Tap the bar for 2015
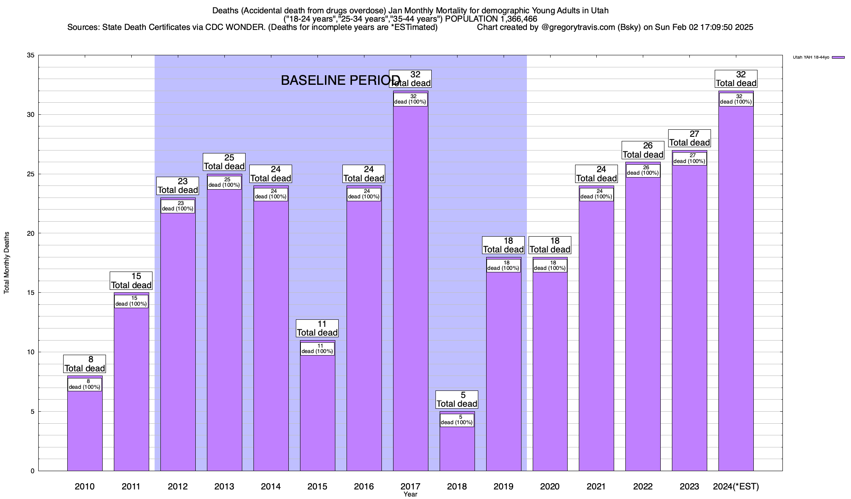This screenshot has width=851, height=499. [x=317, y=412]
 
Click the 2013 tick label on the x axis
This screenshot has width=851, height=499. [x=224, y=487]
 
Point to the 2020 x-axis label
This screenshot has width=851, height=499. [x=550, y=487]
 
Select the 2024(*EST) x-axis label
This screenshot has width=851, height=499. [x=736, y=487]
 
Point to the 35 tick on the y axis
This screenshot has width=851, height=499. [x=31, y=55]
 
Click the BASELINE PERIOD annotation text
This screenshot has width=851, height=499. [x=340, y=80]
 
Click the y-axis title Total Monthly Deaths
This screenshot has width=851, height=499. [x=7, y=263]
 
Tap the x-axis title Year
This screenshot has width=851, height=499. [x=410, y=494]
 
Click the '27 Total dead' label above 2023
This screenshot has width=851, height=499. [x=689, y=138]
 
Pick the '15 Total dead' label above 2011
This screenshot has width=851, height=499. [x=131, y=281]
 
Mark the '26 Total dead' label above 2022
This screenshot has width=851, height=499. [x=643, y=150]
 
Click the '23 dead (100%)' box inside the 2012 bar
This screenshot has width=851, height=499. [x=178, y=206]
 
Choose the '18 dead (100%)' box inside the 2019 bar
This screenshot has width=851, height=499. [x=503, y=266]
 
